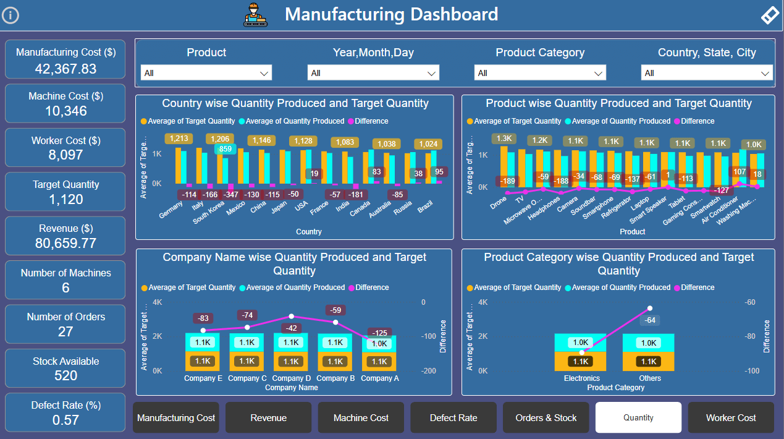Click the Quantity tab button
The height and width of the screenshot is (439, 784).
pos(638,418)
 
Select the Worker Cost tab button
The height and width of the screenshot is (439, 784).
pos(730,418)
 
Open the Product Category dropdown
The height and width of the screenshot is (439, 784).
pos(540,73)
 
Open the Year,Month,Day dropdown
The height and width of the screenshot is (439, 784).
pos(373,73)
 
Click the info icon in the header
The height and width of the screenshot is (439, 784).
pos(11,15)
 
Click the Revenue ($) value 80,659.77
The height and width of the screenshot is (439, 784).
pos(65,243)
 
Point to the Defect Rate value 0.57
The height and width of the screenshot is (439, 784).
pos(65,420)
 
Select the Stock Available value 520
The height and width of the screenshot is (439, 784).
pos(65,375)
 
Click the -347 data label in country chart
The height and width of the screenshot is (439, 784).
pos(231,195)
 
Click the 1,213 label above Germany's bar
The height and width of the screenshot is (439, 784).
pos(179,139)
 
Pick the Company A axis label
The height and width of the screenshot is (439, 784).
pos(379,378)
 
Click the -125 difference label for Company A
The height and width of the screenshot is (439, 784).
pos(380,333)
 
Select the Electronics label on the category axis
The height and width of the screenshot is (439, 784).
pos(581,378)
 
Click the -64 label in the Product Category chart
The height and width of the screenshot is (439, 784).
pos(649,320)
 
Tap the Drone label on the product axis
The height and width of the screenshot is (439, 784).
pos(498,203)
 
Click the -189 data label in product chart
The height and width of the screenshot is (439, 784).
pos(507,181)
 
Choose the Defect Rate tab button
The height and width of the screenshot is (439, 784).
pos(453,418)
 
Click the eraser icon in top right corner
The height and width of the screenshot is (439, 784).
pos(769,15)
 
